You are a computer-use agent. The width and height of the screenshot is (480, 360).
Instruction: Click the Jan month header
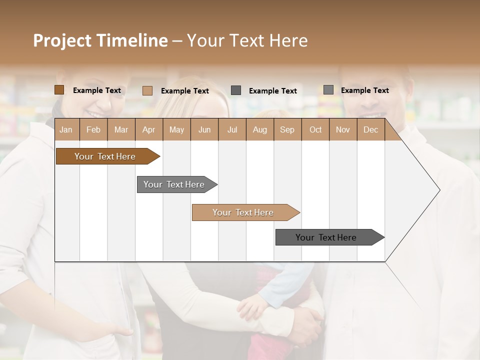pos(66,129)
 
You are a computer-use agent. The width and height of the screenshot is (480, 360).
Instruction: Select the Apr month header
pos(148,129)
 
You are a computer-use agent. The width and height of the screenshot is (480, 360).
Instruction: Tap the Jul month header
pos(232,129)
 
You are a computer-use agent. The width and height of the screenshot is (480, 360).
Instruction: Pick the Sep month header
pos(287,129)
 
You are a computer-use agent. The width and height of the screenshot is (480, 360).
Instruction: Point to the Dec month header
pos(370,129)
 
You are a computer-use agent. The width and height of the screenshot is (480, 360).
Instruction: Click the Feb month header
pos(93,129)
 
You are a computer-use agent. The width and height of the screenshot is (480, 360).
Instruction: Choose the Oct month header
pos(315,129)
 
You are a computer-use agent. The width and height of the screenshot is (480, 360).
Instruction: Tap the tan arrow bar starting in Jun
pos(243,212)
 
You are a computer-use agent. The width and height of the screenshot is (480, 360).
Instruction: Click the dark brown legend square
pos(59,90)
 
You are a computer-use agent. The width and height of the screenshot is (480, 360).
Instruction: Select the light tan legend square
pos(147,90)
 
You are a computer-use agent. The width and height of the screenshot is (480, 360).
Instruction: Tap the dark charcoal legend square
pos(236,90)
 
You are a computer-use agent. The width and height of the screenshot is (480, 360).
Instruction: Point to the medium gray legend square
pos(328,90)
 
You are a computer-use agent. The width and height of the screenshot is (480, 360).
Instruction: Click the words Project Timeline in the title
pos(100,40)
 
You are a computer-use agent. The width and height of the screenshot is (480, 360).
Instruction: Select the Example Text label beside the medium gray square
pos(364,90)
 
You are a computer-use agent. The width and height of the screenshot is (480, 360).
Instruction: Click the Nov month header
pos(343,129)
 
